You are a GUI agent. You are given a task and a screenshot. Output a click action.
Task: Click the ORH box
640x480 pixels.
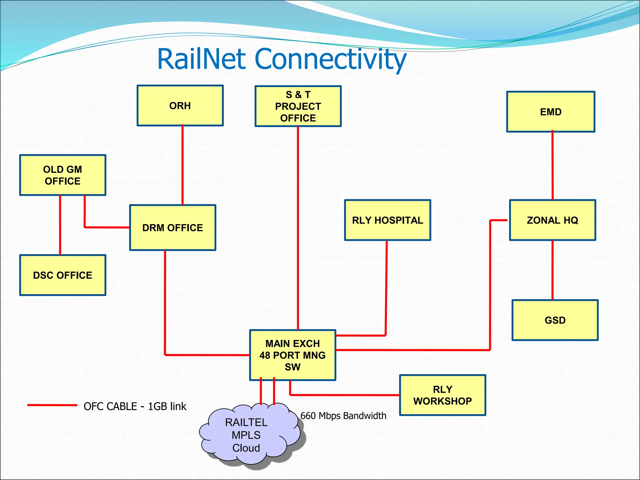click(180, 106)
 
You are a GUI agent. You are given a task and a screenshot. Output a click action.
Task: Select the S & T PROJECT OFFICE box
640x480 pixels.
click(298, 106)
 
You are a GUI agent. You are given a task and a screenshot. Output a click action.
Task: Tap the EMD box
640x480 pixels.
click(551, 112)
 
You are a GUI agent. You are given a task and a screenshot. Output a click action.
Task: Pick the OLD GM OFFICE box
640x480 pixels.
click(62, 175)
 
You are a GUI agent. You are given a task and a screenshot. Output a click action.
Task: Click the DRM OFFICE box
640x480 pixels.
click(172, 228)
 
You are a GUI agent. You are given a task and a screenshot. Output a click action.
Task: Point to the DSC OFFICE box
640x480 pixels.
click(62, 275)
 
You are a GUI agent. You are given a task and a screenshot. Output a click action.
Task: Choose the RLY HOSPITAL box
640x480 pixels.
click(387, 220)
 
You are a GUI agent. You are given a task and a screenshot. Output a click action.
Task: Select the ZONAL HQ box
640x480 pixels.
click(552, 220)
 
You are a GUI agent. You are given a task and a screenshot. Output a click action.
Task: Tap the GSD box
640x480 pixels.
click(555, 320)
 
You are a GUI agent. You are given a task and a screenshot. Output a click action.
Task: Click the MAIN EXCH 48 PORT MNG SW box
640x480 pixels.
click(292, 355)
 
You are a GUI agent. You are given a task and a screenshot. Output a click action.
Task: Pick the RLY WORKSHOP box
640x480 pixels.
click(442, 395)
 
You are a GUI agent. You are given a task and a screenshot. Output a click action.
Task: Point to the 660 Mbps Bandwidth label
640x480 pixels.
click(343, 416)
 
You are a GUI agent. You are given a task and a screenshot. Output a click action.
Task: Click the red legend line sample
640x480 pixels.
click(52, 405)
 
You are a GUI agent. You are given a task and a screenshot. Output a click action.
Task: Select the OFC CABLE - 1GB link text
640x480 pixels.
click(135, 407)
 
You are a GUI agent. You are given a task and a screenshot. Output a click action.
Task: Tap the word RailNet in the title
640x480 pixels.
click(202, 59)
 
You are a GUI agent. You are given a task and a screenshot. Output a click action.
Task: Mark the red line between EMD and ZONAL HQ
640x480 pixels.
click(552, 166)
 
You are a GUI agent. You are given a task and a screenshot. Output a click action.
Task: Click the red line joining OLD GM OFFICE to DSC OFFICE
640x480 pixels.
click(60, 225)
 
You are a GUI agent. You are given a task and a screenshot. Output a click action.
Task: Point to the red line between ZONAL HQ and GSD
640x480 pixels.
click(552, 270)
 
